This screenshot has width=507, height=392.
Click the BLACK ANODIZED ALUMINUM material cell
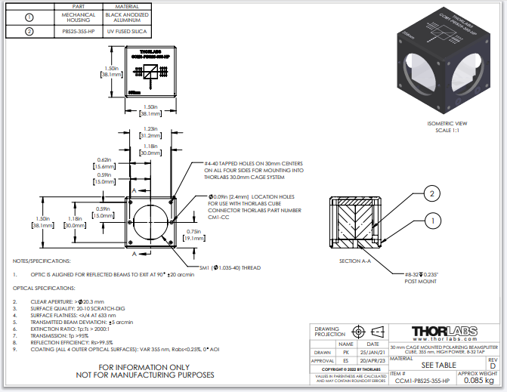click(124, 17)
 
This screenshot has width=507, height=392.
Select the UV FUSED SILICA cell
click(124, 32)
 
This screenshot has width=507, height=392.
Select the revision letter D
click(493, 366)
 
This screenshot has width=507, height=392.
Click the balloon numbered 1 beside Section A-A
click(432, 221)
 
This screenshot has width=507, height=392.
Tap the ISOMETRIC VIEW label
click(447, 122)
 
